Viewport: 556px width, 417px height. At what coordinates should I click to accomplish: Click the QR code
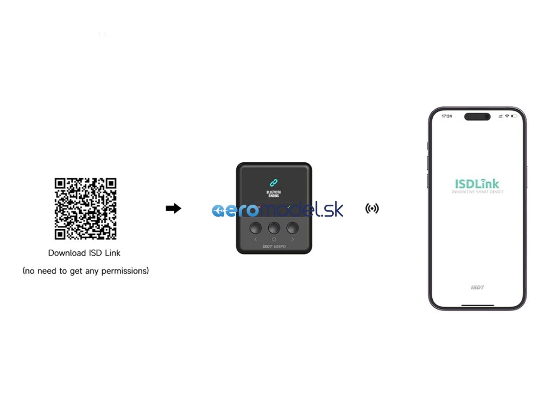point(85,209)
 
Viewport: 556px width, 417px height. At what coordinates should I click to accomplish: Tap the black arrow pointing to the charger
point(173,208)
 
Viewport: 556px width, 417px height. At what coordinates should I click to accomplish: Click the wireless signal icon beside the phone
point(372,208)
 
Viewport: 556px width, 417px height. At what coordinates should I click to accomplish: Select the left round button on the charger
point(254,227)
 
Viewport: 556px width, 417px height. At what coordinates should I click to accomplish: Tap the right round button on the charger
point(293,227)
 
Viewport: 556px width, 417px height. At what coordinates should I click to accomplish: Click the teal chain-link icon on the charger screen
point(273,183)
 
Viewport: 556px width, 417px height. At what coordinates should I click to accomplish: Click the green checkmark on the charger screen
point(288,206)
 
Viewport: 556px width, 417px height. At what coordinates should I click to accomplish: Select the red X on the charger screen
point(260,206)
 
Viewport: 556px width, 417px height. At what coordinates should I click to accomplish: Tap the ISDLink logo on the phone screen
point(477,184)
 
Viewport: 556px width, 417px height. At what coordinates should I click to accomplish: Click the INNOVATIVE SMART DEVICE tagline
point(477,192)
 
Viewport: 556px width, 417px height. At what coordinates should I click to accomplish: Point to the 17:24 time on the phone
point(447,116)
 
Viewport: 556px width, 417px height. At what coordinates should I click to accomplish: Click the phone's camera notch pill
point(477,116)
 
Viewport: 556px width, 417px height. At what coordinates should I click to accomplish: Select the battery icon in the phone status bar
point(514,116)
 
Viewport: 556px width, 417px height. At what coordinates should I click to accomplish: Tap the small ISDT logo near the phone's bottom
point(477,287)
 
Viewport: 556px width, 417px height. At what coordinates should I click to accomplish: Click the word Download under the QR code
point(67,253)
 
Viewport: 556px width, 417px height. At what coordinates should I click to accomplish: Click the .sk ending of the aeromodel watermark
point(333,210)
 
